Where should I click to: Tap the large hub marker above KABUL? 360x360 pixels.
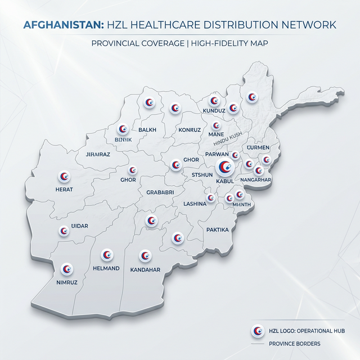(x=224, y=166)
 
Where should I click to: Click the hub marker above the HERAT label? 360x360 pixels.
(x=64, y=177)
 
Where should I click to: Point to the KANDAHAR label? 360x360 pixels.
(x=145, y=269)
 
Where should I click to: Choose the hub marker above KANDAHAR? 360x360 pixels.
(x=145, y=256)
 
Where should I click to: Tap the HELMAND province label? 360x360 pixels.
(x=106, y=268)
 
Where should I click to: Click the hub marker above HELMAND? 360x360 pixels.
(x=106, y=255)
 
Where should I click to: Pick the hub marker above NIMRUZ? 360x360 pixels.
(x=67, y=268)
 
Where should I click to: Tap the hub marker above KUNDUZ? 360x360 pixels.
(x=214, y=101)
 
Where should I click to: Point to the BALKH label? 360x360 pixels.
(x=147, y=130)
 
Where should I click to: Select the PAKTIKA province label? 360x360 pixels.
(x=218, y=229)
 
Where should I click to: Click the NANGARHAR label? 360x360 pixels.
(x=256, y=180)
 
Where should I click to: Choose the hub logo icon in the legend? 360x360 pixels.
(x=258, y=330)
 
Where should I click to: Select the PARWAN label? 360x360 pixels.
(x=217, y=154)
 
